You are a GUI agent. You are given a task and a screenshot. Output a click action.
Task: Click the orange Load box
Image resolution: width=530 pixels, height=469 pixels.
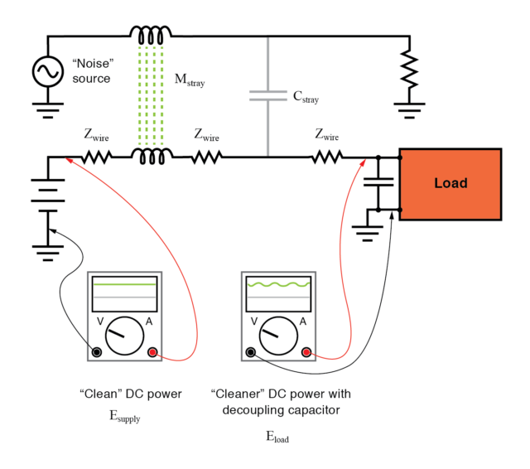(450, 184)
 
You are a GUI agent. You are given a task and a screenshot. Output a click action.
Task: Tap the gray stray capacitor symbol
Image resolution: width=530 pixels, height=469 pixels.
(267, 96)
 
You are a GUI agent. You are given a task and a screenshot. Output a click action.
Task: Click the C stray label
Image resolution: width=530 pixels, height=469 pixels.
(306, 97)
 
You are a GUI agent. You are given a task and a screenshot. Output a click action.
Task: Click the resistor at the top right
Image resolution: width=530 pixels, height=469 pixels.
(408, 70)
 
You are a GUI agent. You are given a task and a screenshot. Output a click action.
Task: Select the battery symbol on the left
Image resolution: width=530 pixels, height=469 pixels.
(47, 198)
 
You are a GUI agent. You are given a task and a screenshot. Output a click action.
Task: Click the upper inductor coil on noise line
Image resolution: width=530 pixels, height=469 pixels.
(151, 35)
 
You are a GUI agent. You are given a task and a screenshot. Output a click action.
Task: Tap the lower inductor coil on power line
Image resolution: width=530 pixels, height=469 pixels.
(151, 156)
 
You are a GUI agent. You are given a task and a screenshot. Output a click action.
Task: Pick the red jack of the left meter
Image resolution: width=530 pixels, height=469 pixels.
(152, 352)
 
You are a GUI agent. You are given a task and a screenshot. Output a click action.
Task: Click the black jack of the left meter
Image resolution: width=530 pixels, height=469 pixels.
(97, 352)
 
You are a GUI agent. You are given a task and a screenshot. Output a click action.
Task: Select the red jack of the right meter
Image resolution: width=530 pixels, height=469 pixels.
(306, 352)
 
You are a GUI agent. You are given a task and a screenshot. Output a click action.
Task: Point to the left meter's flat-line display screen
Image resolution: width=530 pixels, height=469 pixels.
(124, 290)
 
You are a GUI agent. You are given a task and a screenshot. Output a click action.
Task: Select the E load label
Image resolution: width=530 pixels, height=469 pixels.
(277, 438)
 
